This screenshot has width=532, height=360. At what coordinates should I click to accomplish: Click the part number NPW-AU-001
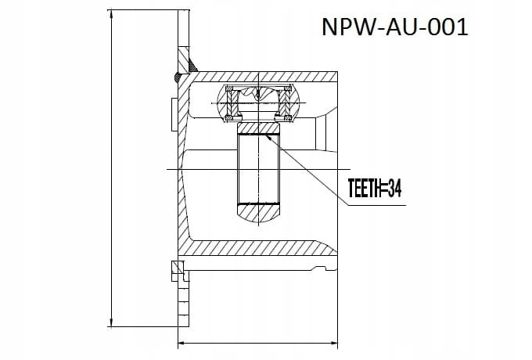[395, 27]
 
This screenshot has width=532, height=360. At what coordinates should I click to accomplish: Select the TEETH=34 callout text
[375, 189]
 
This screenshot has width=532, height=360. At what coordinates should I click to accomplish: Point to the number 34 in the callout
[394, 189]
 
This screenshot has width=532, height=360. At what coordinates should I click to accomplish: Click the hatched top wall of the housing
[264, 77]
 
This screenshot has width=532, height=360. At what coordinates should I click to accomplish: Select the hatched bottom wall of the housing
[258, 248]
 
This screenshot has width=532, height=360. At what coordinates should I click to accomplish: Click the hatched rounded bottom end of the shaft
[258, 213]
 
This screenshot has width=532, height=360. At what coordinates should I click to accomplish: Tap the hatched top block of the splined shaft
[258, 128]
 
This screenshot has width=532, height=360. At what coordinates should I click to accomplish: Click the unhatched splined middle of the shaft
[258, 169]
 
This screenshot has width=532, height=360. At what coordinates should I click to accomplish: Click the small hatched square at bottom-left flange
[178, 267]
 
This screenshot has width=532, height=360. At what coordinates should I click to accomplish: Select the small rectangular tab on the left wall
[174, 114]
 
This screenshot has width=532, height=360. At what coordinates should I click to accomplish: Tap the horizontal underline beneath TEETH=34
[376, 205]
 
